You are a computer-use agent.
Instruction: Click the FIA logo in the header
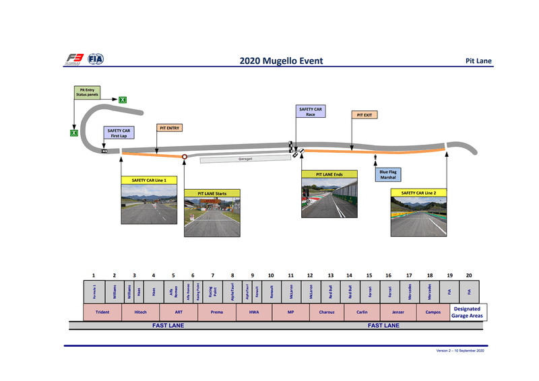pos(96,59)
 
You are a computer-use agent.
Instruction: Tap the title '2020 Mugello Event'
pos(281,61)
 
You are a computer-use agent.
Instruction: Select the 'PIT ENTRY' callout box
pos(169,127)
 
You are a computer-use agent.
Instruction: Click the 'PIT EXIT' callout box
pos(364,115)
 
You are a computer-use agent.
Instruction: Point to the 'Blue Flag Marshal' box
pos(387,175)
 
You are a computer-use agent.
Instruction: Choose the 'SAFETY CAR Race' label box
pos(310,112)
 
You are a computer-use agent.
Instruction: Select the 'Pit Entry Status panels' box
pos(88,93)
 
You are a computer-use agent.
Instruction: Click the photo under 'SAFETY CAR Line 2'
pos(418,216)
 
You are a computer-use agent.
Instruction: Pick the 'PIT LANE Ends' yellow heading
pos(329,174)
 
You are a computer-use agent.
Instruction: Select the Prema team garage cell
pos(217,312)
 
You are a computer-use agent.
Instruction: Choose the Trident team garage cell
pos(102,312)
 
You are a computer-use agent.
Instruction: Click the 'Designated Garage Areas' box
pos(467,312)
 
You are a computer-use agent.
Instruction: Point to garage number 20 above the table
pos(469,275)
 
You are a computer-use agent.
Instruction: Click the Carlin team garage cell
pos(362,312)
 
